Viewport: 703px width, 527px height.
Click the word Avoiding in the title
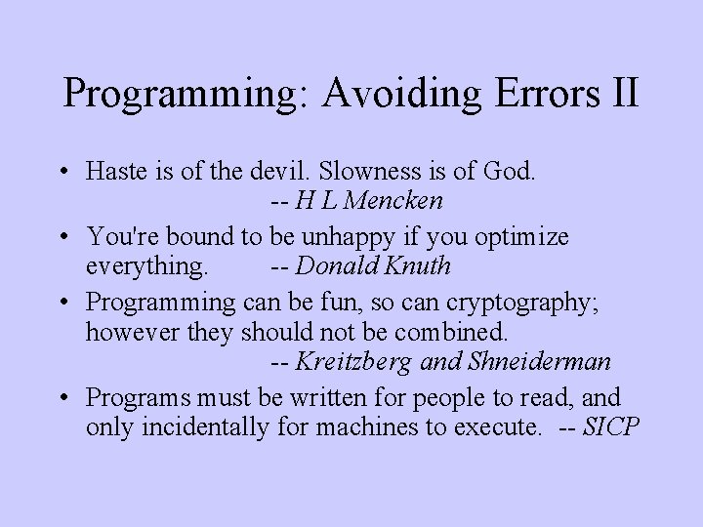(x=399, y=94)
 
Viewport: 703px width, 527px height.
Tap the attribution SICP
(x=610, y=426)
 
